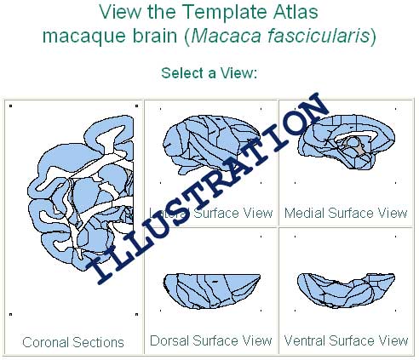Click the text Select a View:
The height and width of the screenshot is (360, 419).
point(209,73)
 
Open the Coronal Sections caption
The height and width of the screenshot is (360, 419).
point(73,342)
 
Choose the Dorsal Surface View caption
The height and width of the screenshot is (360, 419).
point(210,340)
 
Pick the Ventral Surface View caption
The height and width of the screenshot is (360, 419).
point(346,340)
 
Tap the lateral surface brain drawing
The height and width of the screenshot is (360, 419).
point(204,145)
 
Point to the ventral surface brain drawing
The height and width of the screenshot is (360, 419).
point(345,289)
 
